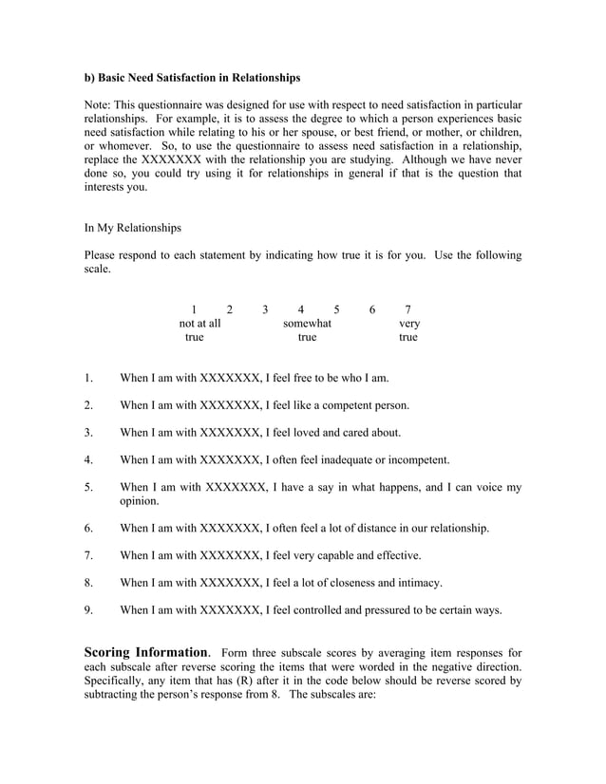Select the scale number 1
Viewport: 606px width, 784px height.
click(x=194, y=308)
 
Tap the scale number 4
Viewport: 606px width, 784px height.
click(x=300, y=308)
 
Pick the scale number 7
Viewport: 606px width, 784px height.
click(x=407, y=308)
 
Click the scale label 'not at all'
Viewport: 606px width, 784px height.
click(x=199, y=323)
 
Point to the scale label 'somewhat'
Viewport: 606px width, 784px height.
click(x=307, y=323)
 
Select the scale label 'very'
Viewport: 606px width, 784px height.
click(x=408, y=323)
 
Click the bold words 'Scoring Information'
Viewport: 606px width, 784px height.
click(x=147, y=652)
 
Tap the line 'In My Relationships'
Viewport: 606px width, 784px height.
click(x=132, y=228)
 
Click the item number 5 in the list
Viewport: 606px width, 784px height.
click(x=87, y=488)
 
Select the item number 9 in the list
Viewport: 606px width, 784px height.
click(x=87, y=610)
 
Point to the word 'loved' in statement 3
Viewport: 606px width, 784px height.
click(x=309, y=433)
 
